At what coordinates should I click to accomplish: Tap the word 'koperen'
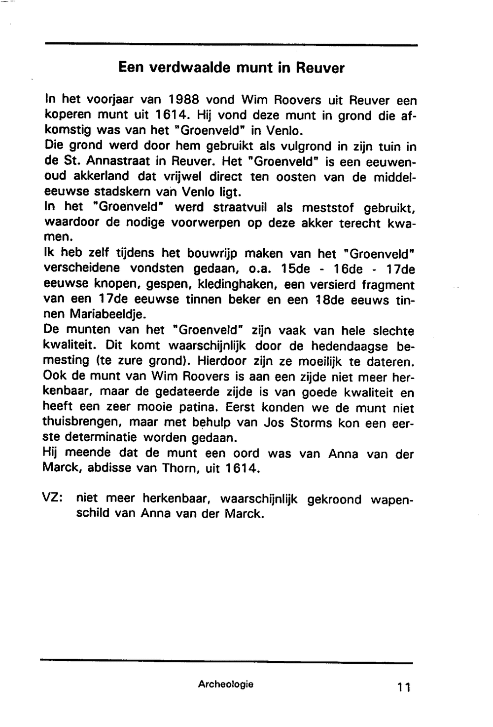click(68, 115)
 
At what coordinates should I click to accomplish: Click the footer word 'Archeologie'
click(226, 684)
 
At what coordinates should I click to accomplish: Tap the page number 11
click(403, 686)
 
